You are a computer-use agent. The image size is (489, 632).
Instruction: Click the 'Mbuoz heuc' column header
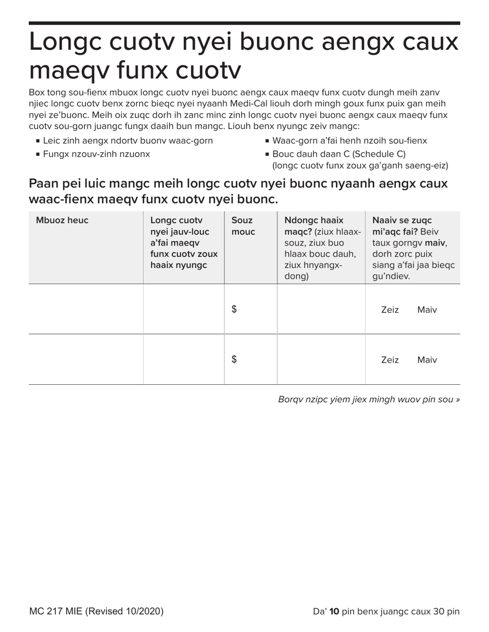(x=62, y=220)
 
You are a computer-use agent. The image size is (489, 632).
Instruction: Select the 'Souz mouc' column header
(x=243, y=226)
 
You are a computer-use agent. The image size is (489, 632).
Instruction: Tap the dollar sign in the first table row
(x=234, y=309)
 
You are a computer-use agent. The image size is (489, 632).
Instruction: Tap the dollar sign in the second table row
(x=234, y=360)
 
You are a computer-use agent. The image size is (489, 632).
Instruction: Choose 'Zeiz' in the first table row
(x=390, y=310)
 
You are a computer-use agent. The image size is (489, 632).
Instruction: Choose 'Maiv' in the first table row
(x=427, y=310)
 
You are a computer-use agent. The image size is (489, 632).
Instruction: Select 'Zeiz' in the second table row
(x=390, y=360)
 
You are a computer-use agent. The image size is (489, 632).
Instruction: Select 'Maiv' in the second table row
(x=427, y=360)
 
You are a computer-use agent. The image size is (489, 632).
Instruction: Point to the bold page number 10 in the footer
(x=334, y=611)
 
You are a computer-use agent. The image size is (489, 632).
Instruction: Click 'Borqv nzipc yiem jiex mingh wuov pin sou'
(x=369, y=399)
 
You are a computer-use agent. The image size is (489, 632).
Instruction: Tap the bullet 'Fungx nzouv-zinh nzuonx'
(x=96, y=154)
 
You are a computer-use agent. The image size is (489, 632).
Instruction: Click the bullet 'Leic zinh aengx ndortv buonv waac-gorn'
(x=128, y=141)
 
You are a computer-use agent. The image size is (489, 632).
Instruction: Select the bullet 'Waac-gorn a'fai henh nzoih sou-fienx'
(x=349, y=141)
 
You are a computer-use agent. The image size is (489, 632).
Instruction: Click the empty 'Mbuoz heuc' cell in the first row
(x=85, y=309)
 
